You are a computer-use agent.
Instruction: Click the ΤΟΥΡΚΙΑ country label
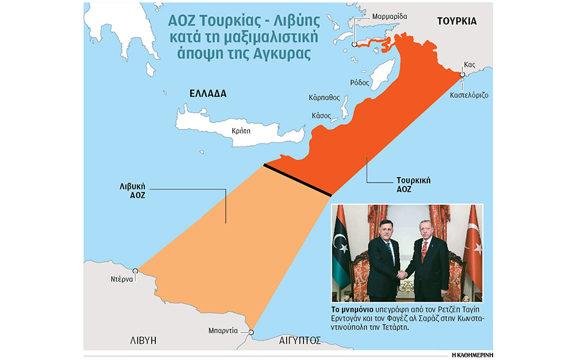tap(457, 21)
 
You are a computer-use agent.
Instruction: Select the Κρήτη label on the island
tap(240, 130)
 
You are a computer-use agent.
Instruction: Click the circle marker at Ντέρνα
tap(136, 271)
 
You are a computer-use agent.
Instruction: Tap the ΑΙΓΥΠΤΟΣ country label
tap(299, 340)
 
